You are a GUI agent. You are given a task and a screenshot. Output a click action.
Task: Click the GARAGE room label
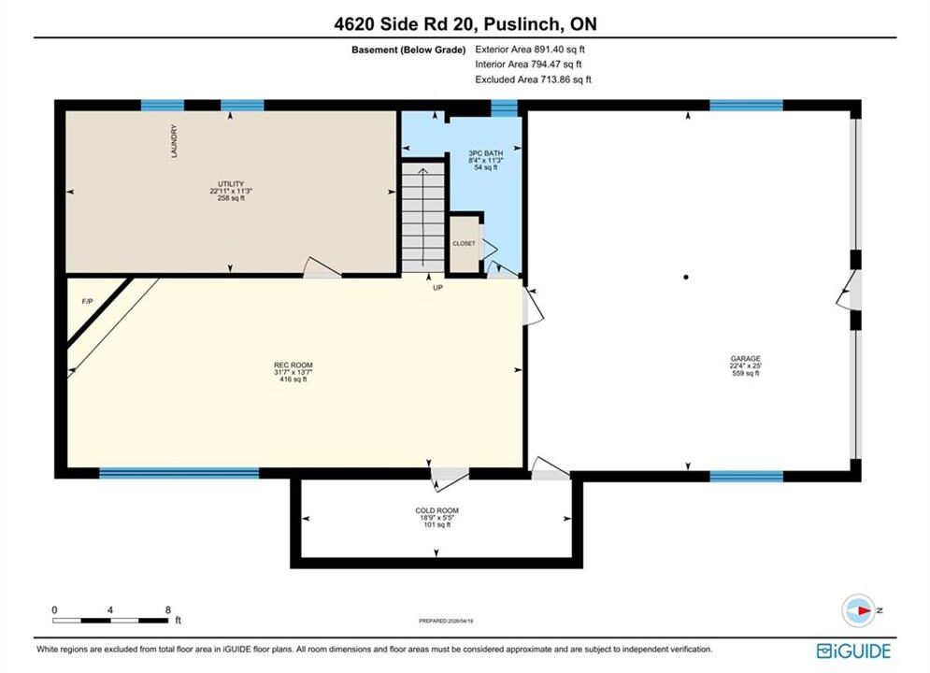[x=745, y=359]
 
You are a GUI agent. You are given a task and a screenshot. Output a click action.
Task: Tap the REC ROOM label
[x=293, y=365]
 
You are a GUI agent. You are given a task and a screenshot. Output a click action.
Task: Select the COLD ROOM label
[x=436, y=510]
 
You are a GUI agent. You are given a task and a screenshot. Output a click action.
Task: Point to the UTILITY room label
[x=231, y=184]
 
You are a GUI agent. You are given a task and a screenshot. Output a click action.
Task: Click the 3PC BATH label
[x=485, y=153]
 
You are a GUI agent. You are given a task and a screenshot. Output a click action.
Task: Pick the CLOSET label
[x=464, y=244]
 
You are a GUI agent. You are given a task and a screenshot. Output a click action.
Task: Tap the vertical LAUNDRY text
[x=175, y=141]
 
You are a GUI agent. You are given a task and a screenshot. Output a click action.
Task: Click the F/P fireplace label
[x=87, y=302]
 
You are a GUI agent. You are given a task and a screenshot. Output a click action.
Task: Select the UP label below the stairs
[x=437, y=288]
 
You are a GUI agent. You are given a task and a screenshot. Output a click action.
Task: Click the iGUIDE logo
[x=853, y=652]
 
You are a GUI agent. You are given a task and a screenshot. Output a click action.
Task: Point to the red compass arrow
[x=865, y=610]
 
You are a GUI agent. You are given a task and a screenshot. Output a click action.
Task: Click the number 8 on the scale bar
[x=168, y=609]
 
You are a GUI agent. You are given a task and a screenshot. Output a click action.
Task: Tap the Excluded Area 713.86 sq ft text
[x=533, y=79]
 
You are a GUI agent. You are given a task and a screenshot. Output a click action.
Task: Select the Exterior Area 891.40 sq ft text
[x=530, y=50]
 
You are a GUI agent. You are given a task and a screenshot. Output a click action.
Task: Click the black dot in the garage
[x=686, y=277]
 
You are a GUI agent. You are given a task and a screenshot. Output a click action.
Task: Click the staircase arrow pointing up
[x=422, y=218]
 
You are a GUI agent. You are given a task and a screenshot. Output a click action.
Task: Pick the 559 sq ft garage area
[x=746, y=373]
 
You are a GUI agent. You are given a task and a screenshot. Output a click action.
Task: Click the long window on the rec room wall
[x=179, y=473]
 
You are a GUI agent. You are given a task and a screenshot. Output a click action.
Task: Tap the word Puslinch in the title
[x=522, y=24]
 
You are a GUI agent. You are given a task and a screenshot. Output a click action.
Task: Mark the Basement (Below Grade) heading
[x=408, y=50]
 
